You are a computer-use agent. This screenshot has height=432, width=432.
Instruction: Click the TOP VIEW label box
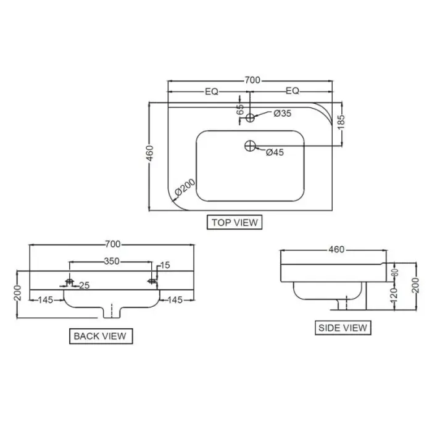[235, 222]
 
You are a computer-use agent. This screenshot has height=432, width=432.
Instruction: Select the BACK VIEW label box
[101, 336]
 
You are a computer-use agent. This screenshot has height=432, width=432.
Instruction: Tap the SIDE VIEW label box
[343, 328]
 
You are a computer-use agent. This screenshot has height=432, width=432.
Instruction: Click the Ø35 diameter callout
[283, 113]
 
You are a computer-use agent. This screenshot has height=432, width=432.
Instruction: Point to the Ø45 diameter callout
[275, 152]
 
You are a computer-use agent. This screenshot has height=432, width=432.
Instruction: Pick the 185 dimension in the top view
[341, 122]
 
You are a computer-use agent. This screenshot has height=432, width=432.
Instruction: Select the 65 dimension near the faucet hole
[240, 109]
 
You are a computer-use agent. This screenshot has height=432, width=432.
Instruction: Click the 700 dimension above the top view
[252, 80]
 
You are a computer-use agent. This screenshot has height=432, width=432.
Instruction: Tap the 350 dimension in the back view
[112, 261]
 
